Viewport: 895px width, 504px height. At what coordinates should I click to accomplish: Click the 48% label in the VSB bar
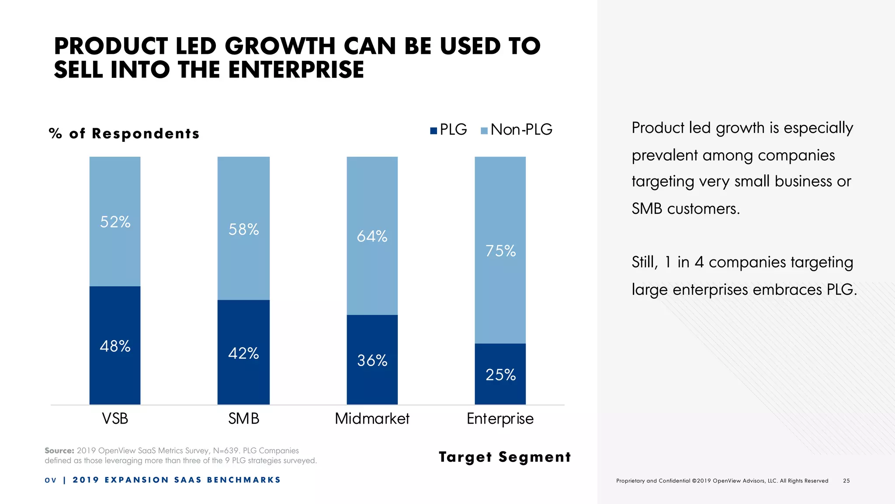(x=115, y=346)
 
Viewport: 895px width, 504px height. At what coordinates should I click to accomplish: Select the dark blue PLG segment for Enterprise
(x=500, y=374)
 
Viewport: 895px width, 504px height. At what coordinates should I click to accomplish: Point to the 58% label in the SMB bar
(x=243, y=229)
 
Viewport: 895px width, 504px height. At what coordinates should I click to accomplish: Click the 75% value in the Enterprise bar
(x=500, y=251)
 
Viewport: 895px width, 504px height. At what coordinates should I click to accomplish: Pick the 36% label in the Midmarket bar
(x=372, y=360)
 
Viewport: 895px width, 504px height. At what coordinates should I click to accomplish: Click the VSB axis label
(x=115, y=419)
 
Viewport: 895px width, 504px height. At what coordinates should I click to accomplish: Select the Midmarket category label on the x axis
(x=372, y=419)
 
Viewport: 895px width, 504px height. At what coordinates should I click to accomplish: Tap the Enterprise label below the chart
(x=500, y=419)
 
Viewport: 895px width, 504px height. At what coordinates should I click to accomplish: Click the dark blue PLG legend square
(x=434, y=130)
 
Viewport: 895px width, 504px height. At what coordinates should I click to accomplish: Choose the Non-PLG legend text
(x=521, y=129)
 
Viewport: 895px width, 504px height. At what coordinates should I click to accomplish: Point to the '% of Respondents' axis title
(x=124, y=133)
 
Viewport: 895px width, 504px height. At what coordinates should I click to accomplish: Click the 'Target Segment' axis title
(x=505, y=457)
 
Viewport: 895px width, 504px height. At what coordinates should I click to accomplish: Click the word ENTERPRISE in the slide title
(x=296, y=70)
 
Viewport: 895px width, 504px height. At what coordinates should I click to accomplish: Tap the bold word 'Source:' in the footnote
(x=59, y=451)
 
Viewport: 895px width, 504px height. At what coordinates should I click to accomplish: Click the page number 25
(x=846, y=481)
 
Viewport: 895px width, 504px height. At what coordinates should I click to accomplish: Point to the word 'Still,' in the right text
(x=645, y=262)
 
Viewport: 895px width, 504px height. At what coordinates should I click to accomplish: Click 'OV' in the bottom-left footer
(x=51, y=480)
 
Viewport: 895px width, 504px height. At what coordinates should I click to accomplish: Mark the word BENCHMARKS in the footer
(x=244, y=480)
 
